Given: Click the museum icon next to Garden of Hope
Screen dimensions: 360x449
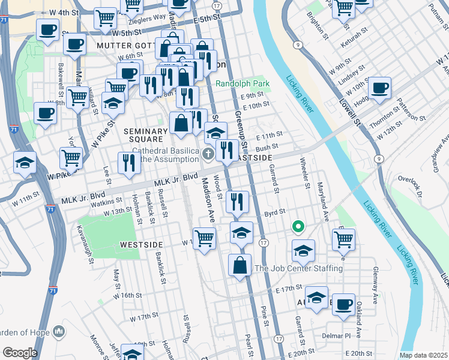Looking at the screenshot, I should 59,331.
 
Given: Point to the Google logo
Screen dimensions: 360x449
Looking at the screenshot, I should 19,353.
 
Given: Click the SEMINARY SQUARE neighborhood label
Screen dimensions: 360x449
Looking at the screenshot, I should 145,135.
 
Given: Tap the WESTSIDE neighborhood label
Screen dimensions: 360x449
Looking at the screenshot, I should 142,245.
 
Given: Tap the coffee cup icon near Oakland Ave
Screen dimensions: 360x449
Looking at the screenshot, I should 343,304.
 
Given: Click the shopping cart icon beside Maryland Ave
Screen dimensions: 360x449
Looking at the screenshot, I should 343,239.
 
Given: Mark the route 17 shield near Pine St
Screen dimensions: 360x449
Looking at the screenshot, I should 264,242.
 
